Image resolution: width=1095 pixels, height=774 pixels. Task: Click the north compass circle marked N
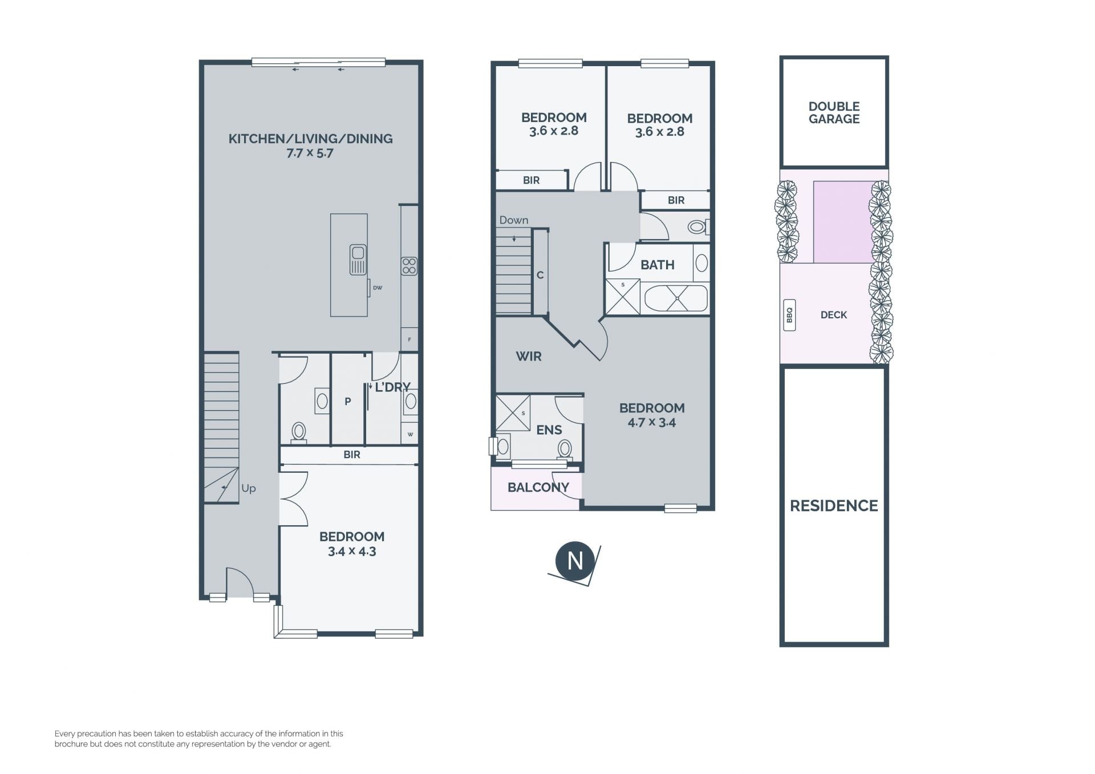[575, 561]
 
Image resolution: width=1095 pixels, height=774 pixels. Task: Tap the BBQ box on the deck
[789, 315]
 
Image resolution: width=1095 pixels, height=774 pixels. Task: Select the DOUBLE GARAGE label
[834, 112]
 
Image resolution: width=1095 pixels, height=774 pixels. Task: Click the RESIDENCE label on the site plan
[834, 505]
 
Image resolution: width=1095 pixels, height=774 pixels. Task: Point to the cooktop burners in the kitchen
[409, 266]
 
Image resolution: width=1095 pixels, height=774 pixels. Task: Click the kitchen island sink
[358, 260]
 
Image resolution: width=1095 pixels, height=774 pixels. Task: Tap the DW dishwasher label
[378, 288]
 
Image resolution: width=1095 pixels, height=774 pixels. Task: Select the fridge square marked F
[409, 339]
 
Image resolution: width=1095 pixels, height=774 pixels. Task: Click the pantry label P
[347, 402]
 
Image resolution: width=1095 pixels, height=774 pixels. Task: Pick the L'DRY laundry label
[392, 387]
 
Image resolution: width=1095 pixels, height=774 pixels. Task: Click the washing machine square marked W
[409, 434]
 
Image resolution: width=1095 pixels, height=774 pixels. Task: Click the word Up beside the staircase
[249, 489]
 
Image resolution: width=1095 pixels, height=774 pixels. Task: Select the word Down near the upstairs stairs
[514, 220]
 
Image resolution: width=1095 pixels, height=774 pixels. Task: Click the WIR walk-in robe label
[529, 356]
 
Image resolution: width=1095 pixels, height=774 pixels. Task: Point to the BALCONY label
[538, 487]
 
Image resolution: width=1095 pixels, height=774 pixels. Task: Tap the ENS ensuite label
[549, 430]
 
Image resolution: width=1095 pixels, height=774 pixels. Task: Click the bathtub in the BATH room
[676, 298]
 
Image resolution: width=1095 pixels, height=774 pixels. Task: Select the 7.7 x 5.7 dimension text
[310, 153]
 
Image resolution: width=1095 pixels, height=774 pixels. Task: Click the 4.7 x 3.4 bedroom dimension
[652, 423]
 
